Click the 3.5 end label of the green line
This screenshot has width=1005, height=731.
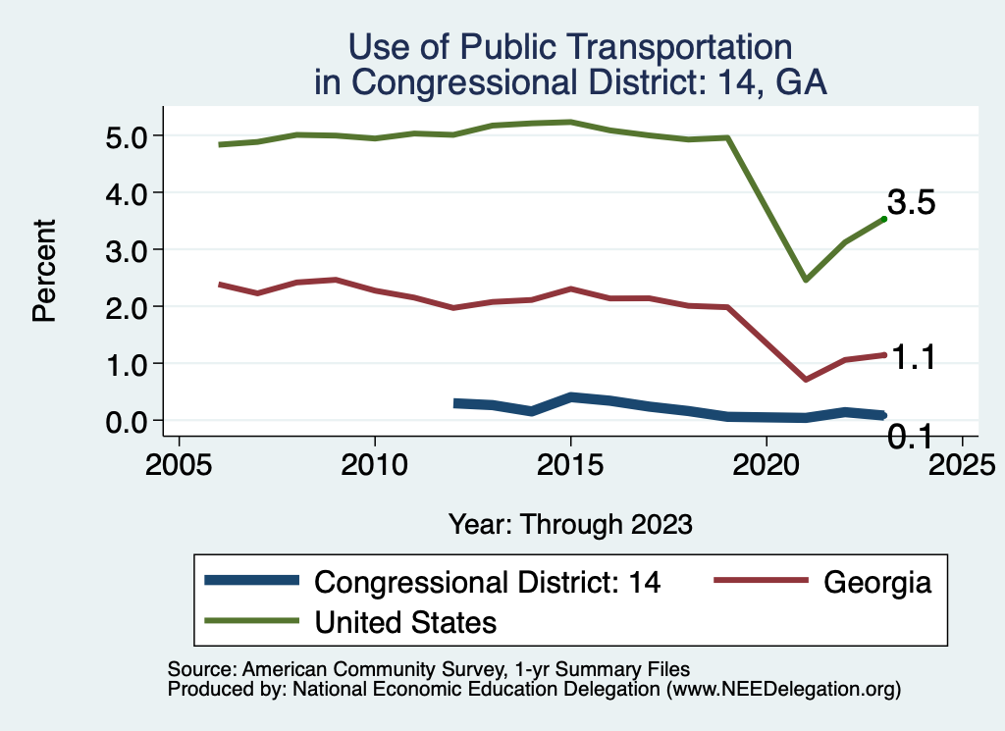911,202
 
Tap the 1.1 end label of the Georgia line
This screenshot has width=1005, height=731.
911,359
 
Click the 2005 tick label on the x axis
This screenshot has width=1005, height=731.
179,463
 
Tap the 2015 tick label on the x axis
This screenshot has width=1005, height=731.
570,463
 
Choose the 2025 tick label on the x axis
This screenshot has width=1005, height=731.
962,463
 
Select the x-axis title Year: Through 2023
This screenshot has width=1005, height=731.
570,524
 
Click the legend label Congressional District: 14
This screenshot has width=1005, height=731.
488,582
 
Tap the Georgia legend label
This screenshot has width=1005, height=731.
876,582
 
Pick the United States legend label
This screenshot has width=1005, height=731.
405,621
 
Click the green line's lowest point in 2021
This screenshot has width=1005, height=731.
805,280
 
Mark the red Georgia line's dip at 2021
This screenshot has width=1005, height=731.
805,379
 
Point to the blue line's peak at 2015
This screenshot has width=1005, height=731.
570,397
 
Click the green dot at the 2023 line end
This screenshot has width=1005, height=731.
883,219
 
